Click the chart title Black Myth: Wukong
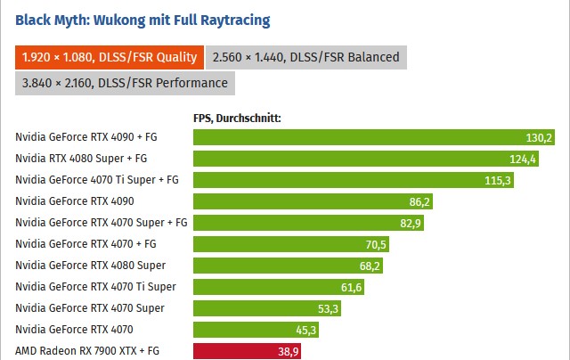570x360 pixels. coord(142,19)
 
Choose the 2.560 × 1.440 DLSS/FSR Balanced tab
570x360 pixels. coord(306,57)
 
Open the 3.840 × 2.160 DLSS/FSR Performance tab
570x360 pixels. coord(124,83)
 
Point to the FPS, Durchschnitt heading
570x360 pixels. coord(237,117)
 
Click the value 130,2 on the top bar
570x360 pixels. coord(540,137)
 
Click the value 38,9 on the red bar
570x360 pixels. coord(288,352)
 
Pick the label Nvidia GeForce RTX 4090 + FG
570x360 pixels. coord(85,137)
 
